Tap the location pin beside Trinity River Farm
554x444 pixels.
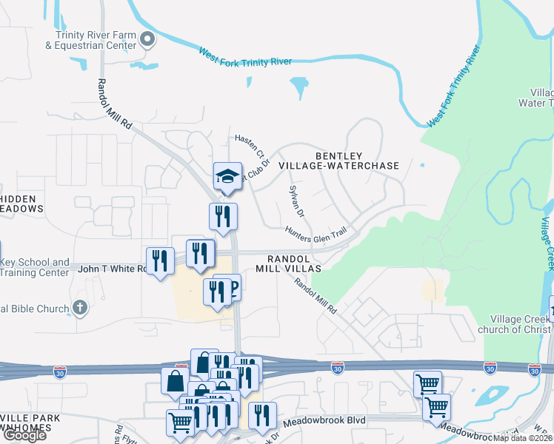pos(147,39)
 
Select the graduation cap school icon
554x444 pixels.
pos(228,176)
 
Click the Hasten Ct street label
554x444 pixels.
pos(250,144)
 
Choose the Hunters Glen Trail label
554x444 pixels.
pos(316,232)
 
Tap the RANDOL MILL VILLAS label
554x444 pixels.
pos(294,263)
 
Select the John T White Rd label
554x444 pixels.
pos(112,269)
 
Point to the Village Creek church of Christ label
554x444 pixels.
pos(514,324)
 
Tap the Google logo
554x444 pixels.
pos(24,436)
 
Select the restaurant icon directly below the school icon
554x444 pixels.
pos(223,217)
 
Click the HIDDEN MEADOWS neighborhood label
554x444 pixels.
pos(21,203)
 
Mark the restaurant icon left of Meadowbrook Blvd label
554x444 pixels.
pos(261,416)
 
